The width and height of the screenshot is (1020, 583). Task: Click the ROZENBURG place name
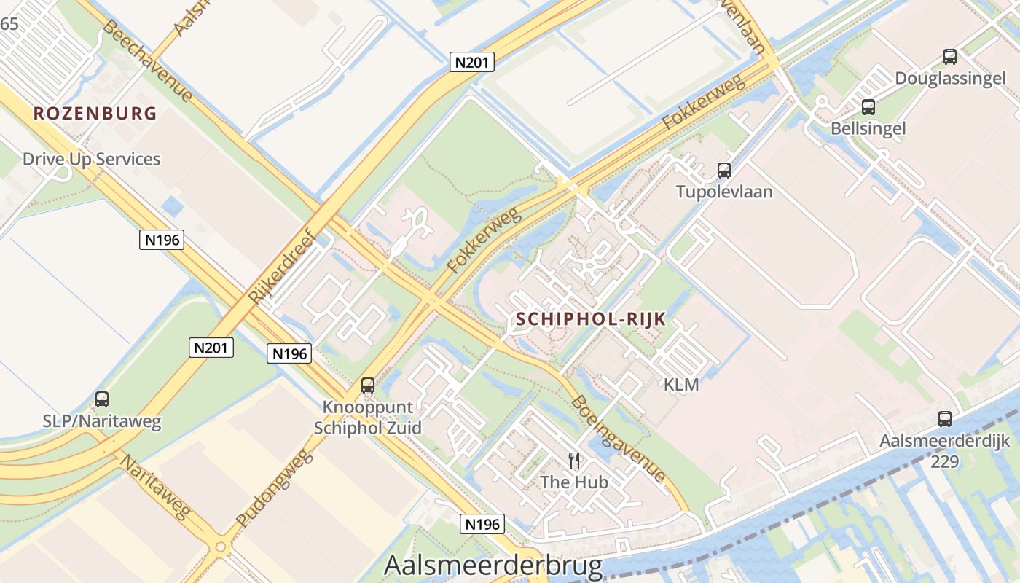(95, 113)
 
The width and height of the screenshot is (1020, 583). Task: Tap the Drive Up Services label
(92, 159)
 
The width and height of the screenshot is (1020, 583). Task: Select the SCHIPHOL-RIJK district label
(591, 318)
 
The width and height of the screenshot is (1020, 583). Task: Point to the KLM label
(681, 384)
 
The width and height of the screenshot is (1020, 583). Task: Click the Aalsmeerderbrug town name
(493, 566)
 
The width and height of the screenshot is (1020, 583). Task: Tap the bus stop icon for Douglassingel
(950, 56)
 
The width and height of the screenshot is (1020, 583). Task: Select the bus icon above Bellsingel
(868, 107)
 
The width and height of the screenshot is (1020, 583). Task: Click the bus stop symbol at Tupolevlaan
(724, 171)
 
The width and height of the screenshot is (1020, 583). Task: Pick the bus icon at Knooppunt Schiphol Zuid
(368, 386)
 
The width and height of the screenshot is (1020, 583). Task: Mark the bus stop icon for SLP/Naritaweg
(102, 399)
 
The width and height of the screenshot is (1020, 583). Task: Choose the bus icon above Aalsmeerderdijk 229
(945, 419)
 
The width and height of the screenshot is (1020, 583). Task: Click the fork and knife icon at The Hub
(574, 460)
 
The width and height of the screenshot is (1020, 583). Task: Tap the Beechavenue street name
(148, 61)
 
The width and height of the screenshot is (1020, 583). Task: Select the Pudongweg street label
(275, 488)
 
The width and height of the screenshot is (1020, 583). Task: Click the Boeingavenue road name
(618, 438)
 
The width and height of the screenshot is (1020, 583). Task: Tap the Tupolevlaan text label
(724, 192)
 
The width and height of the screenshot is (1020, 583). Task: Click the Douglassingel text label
(950, 78)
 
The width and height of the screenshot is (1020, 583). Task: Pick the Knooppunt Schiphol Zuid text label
(368, 417)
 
